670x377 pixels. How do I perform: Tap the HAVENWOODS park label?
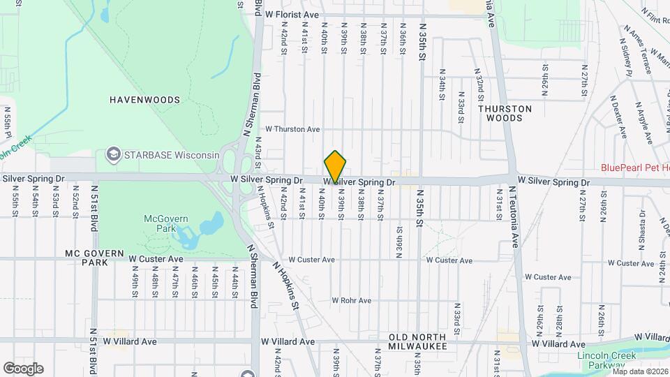144,100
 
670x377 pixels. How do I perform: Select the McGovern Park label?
166,223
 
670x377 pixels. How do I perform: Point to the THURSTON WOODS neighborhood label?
505,113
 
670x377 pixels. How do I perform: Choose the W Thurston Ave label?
292,129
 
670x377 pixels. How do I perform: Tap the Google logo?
23,368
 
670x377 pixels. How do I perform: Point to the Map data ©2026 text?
639,371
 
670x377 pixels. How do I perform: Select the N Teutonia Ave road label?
516,217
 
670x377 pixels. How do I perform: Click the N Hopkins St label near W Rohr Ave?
286,286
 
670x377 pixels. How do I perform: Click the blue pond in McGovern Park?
209,228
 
